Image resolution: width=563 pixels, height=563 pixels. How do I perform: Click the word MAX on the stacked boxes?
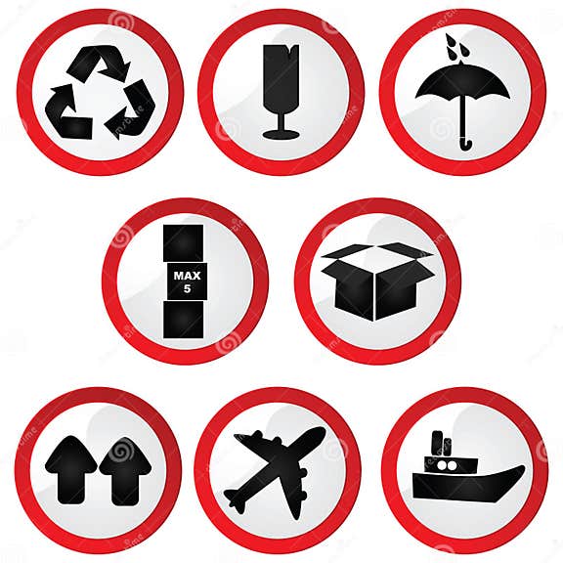click(x=184, y=275)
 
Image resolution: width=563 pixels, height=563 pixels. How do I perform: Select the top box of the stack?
click(x=184, y=242)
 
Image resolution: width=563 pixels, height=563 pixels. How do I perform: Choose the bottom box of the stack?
click(x=184, y=320)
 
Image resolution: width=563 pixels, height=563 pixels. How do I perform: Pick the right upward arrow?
click(x=125, y=469)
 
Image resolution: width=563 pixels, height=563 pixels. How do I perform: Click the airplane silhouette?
click(x=276, y=469)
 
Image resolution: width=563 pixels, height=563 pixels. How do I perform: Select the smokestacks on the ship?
click(x=442, y=445)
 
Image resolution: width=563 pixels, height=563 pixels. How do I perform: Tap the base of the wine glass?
click(x=281, y=135)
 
